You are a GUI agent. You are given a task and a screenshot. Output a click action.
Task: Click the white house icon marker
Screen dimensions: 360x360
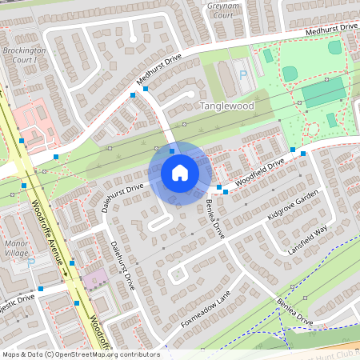180,172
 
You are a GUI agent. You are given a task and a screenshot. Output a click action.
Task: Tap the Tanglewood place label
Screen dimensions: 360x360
226,106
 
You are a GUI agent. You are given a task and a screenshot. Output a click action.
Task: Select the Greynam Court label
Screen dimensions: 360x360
223,9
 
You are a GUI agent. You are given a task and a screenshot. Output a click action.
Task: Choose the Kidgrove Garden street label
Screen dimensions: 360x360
294,205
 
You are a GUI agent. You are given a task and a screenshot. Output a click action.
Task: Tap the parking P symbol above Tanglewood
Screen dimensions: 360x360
243,74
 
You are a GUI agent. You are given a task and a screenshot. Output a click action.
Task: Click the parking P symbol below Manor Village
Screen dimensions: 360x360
31,262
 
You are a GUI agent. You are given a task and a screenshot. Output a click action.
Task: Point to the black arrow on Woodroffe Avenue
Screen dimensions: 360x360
66,274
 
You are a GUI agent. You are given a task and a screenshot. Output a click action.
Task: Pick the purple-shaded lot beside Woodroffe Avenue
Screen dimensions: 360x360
94,279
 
